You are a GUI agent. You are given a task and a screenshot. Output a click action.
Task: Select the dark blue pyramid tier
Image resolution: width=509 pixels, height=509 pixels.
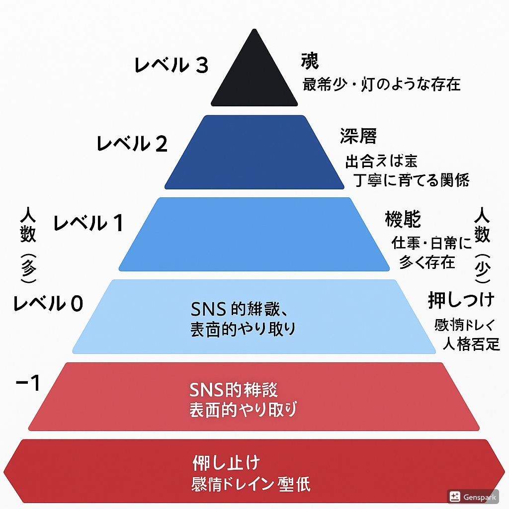pos(254,152)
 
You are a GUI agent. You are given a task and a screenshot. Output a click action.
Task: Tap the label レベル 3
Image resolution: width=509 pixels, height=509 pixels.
pos(171,66)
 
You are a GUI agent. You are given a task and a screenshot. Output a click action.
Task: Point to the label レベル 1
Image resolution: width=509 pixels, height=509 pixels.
pos(88,223)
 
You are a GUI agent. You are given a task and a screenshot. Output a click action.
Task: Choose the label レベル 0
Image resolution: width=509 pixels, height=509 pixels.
pos(48,303)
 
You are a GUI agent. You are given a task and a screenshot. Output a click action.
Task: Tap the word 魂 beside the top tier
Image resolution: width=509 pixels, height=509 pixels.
pos(309,61)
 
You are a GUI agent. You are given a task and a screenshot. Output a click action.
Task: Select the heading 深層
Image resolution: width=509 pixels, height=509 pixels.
pos(358,136)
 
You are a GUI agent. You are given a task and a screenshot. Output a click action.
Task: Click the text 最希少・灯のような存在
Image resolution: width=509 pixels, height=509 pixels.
pos(381,84)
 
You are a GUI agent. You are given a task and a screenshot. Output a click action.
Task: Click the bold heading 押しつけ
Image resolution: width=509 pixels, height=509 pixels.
pos(461,300)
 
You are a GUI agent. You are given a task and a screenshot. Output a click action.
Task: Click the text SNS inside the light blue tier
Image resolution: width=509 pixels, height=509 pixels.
pos(209,310)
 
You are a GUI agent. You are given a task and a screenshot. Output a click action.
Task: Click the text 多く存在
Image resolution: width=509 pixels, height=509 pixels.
pos(427,262)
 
